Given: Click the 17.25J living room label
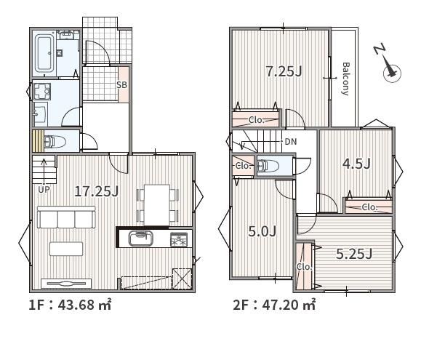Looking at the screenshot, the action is (97, 191).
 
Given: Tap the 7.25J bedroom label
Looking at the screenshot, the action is (284, 71).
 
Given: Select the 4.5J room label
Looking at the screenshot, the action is (356, 164).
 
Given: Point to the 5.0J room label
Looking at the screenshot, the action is (262, 231).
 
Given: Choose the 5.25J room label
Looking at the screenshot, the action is (354, 254).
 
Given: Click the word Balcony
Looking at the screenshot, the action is (346, 79).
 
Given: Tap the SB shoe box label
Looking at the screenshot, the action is (121, 85).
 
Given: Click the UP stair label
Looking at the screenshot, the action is (44, 190).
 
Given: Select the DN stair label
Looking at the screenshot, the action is (291, 142).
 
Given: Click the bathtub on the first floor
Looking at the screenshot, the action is (44, 53).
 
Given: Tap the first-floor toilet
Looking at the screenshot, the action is (55, 142).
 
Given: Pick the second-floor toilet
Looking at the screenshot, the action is (268, 165).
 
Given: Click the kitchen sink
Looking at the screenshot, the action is (140, 238).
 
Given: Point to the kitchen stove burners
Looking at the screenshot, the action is (179, 239).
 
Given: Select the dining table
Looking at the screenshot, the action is (157, 205).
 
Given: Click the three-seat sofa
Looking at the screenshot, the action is (66, 217).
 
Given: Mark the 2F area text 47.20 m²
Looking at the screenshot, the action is (289, 305).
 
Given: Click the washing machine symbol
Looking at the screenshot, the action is (41, 92).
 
